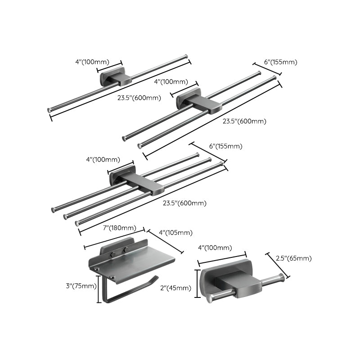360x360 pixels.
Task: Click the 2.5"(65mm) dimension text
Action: [x=293, y=258]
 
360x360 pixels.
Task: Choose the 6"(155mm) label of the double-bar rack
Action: [x=280, y=62]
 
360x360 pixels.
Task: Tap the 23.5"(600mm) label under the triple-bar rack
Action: [x=184, y=203]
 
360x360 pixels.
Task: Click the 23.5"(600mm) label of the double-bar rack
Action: [x=245, y=121]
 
